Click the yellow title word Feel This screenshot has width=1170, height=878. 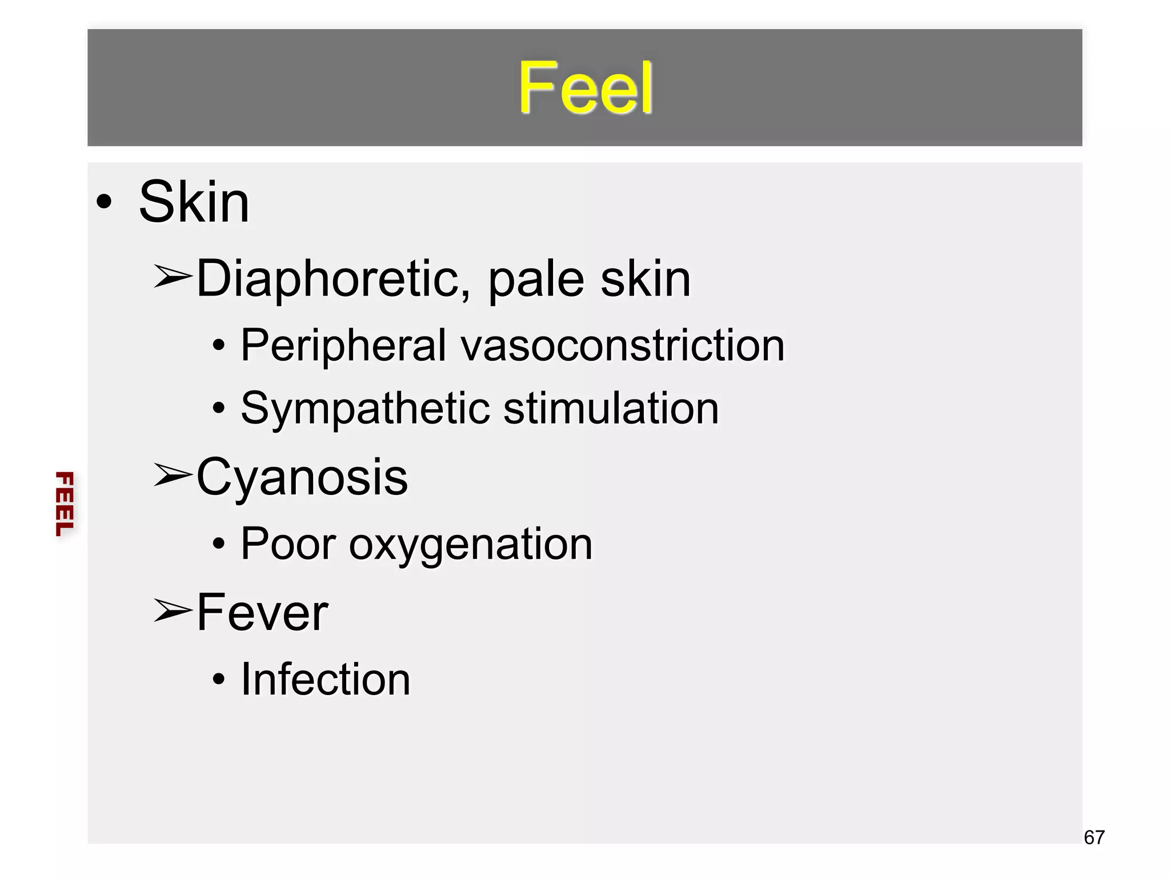585,88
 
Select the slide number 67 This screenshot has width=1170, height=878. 1094,837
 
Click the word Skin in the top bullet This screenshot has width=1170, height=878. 194,202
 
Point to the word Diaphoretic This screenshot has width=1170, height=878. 334,279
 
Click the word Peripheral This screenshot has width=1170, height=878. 343,346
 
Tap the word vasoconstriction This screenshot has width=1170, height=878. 623,346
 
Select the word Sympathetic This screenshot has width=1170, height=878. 366,409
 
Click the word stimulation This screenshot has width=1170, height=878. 611,409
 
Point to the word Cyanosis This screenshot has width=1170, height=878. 302,477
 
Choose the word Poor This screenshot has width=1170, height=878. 288,544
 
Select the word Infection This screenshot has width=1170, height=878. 326,680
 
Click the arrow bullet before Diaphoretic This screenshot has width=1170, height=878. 172,277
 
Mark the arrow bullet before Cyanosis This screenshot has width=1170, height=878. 172,475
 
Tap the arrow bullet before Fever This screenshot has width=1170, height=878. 172,610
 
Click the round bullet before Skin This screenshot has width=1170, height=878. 104,201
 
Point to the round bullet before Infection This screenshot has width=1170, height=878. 218,680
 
